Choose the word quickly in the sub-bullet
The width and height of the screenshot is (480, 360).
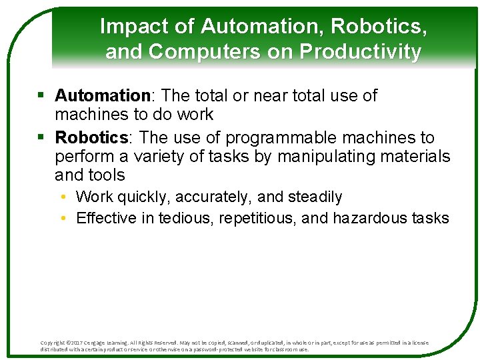pyautogui.click(x=139, y=197)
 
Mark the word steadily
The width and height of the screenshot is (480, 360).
pyautogui.click(x=315, y=197)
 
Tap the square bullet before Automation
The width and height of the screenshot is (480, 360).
pyautogui.click(x=41, y=96)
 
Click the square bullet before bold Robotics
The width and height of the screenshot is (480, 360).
pyautogui.click(x=41, y=138)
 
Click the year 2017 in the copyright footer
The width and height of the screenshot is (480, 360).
pyautogui.click(x=75, y=343)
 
